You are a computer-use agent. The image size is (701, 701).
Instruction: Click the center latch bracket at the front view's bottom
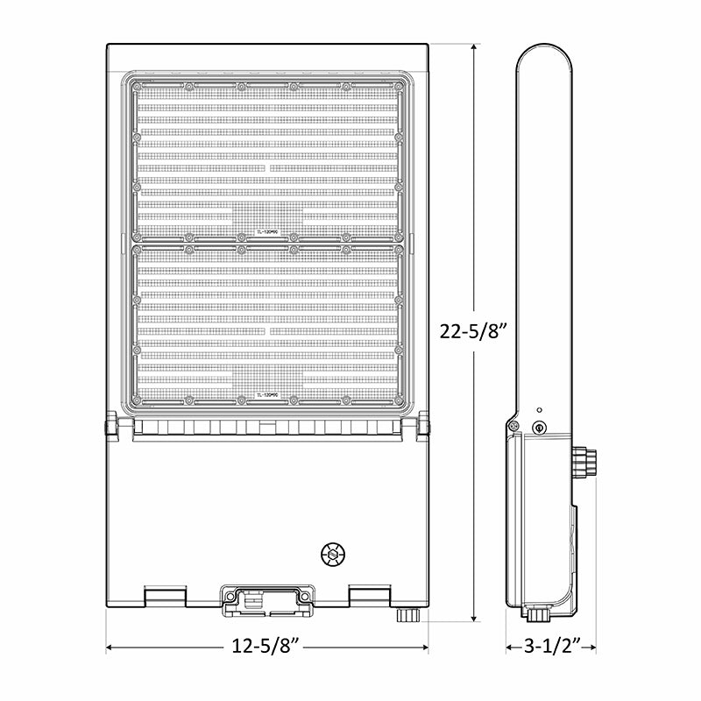tap(267, 598)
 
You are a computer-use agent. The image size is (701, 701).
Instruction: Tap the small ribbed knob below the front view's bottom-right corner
tap(405, 615)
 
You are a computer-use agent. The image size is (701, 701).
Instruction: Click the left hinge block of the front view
tap(110, 427)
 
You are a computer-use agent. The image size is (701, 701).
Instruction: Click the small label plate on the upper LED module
tap(267, 233)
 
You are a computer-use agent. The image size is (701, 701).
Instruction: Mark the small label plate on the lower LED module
tap(267, 395)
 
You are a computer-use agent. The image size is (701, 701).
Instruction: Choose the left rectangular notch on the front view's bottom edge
tap(165, 596)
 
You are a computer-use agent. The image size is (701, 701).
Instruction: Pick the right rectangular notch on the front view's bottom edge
tap(370, 596)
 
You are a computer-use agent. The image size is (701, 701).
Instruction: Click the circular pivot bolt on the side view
tap(540, 428)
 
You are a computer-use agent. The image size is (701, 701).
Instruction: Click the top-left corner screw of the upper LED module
tap(137, 86)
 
